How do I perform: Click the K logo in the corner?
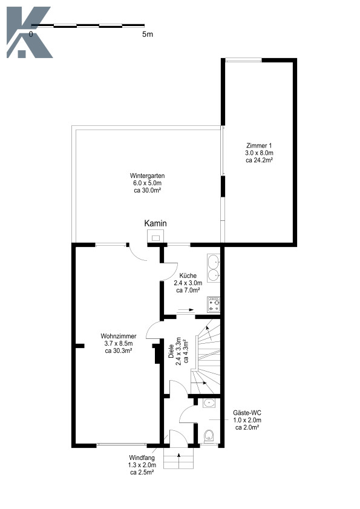[29, 33]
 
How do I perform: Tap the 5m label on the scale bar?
[148, 34]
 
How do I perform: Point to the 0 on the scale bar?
[31, 34]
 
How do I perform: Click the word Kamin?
[155, 223]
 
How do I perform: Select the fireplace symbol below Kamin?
[156, 236]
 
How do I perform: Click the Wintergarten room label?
[148, 176]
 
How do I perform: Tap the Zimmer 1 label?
[259, 145]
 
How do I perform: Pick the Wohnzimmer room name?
[119, 336]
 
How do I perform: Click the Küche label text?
[188, 275]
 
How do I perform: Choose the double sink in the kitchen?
[214, 268]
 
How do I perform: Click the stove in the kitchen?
[214, 304]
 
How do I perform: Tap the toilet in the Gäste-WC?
[209, 436]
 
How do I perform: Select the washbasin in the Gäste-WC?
[209, 403]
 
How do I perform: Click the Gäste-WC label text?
[247, 413]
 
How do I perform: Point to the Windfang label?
[142, 458]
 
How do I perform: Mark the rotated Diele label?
[171, 351]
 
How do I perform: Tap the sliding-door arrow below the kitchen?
[186, 310]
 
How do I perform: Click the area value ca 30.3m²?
[119, 350]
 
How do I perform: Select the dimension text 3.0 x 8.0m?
[259, 153]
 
